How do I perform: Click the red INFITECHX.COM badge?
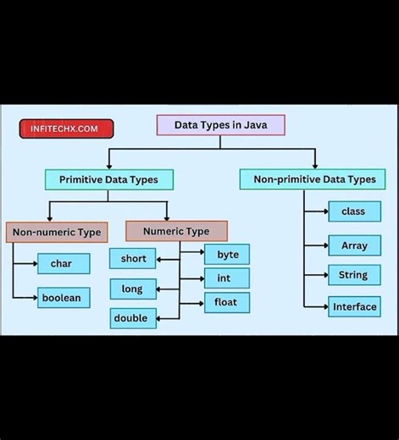65,129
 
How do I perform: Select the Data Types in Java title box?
220,125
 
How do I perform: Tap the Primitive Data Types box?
108,179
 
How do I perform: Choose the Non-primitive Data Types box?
313,179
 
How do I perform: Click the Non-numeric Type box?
56,232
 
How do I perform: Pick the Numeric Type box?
176,231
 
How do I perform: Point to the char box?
63,264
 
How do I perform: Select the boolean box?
63,298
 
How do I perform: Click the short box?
133,259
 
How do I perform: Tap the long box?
133,289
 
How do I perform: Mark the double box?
133,318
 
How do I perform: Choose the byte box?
227,254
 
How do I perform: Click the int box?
227,278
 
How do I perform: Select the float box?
227,302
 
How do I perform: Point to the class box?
354,212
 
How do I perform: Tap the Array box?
354,246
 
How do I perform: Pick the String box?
354,275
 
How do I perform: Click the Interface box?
354,306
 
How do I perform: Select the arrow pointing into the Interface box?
323,306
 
